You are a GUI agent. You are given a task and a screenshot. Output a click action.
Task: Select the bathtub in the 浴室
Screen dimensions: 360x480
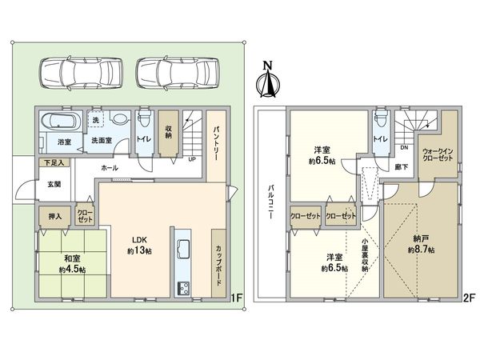(58, 123)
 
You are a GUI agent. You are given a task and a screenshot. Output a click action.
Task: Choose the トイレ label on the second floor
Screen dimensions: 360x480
(381, 139)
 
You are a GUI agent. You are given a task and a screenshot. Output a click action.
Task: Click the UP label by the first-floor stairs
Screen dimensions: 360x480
(191, 158)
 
